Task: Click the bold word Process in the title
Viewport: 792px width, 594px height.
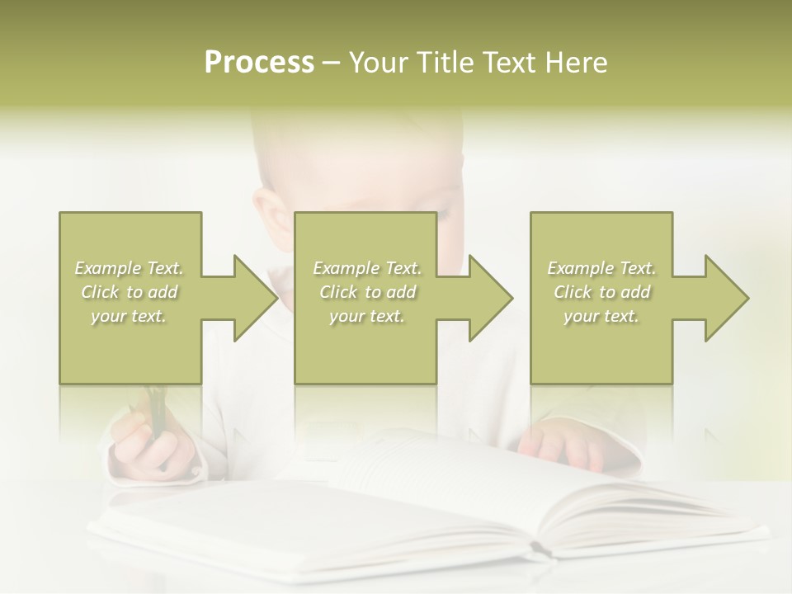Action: (x=259, y=63)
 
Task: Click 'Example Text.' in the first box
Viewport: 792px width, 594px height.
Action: (x=130, y=268)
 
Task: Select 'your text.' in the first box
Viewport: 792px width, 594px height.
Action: (x=130, y=316)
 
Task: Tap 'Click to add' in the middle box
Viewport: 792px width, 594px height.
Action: (x=367, y=292)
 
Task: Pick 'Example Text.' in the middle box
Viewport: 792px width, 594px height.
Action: (x=367, y=268)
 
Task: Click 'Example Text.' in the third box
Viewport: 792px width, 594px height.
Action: (x=601, y=268)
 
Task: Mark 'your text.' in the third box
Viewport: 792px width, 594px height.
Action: (x=601, y=316)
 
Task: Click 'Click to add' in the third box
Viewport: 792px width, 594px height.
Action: (x=601, y=292)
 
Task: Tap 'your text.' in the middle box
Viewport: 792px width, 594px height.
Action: (x=367, y=316)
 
